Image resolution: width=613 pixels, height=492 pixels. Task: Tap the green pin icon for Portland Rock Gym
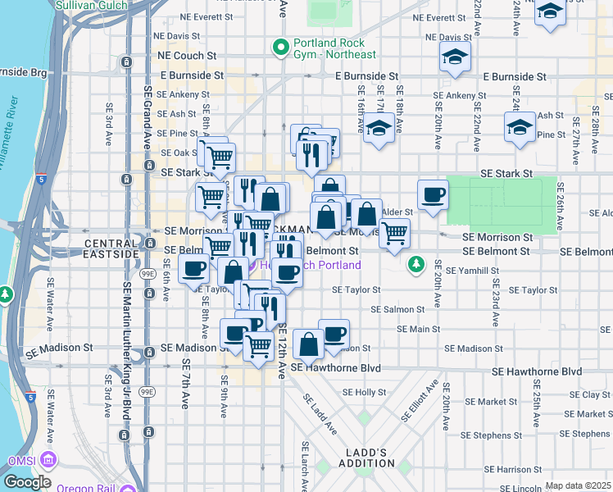click(281, 48)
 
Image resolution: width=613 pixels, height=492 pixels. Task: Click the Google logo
click(27, 482)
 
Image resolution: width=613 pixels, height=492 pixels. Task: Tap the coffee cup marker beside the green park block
click(433, 195)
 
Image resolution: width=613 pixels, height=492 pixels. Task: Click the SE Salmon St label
click(397, 309)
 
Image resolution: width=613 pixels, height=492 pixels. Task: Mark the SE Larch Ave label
click(305, 466)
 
